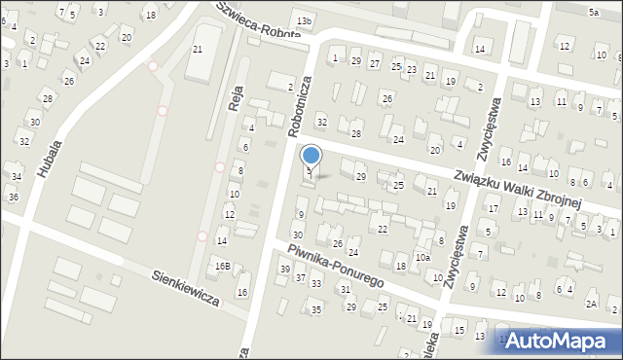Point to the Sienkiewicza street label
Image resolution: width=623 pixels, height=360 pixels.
[186, 287]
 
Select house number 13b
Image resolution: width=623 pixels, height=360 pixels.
[305, 20]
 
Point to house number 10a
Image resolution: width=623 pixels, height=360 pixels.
[421, 258]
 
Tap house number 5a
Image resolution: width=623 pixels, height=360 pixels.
[593, 12]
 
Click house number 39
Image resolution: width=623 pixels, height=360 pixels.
[285, 270]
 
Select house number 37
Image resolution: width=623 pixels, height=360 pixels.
[301, 278]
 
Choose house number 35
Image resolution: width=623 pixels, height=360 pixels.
[316, 309]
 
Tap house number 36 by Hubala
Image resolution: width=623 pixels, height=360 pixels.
[13, 198]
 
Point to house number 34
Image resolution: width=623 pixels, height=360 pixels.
[17, 176]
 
